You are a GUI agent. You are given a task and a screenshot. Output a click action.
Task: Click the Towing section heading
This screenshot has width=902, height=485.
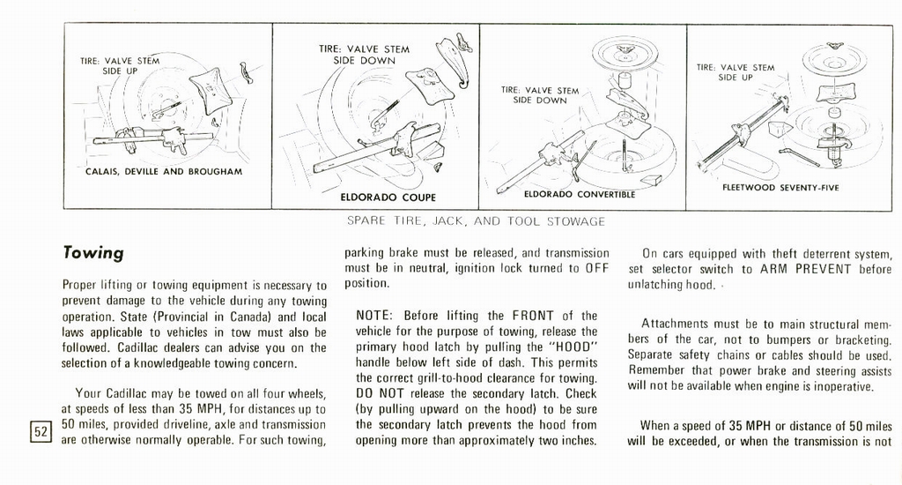pyautogui.click(x=93, y=253)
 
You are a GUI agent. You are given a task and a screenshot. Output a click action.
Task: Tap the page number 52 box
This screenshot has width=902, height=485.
pyautogui.click(x=41, y=431)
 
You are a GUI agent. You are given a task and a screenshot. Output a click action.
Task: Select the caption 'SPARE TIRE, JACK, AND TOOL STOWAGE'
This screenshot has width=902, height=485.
pyautogui.click(x=476, y=220)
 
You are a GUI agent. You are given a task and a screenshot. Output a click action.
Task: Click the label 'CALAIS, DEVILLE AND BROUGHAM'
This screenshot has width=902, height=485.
pyautogui.click(x=164, y=171)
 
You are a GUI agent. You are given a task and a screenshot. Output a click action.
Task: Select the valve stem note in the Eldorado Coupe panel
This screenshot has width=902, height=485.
pyautogui.click(x=364, y=55)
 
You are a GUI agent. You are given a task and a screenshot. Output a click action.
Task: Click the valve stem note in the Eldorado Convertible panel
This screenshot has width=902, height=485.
pyautogui.click(x=540, y=95)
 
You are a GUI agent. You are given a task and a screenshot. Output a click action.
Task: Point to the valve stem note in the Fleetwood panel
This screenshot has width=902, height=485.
pyautogui.click(x=735, y=72)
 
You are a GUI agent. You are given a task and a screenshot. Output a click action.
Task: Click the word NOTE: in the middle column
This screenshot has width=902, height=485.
pyautogui.click(x=376, y=316)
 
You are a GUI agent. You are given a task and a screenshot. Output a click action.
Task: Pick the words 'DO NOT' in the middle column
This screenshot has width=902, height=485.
pyautogui.click(x=377, y=393)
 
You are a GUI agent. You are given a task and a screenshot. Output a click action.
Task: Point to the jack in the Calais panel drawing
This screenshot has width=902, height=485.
pyautogui.click(x=154, y=137)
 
